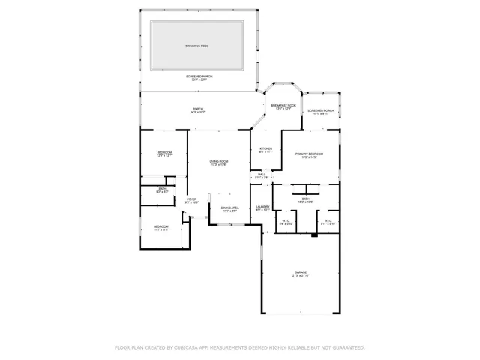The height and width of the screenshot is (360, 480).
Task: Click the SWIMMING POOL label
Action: tap(197, 46)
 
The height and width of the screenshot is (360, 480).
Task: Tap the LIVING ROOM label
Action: tap(218, 161)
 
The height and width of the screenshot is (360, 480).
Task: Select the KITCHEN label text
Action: tap(265, 148)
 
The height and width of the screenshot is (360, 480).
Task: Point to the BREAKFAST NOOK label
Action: tap(283, 106)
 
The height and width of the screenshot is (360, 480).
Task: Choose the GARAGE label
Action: tap(301, 272)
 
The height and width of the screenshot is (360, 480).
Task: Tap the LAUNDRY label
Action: tap(262, 207)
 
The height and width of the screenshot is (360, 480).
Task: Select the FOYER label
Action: tap(191, 199)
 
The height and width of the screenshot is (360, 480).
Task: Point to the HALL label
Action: tap(262, 174)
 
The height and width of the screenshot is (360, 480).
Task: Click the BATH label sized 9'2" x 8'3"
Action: tap(161, 189)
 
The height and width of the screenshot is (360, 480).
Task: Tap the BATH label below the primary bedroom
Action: tap(305, 199)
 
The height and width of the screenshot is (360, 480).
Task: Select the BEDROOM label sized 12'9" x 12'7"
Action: tap(164, 153)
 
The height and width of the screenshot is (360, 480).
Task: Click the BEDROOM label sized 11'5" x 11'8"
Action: tap(161, 226)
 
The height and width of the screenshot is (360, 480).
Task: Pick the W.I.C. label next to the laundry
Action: tap(286, 221)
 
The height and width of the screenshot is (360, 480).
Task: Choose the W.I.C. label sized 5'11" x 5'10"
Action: tap(328, 221)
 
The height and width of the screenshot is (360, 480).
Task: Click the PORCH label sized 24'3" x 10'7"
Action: tap(197, 109)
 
